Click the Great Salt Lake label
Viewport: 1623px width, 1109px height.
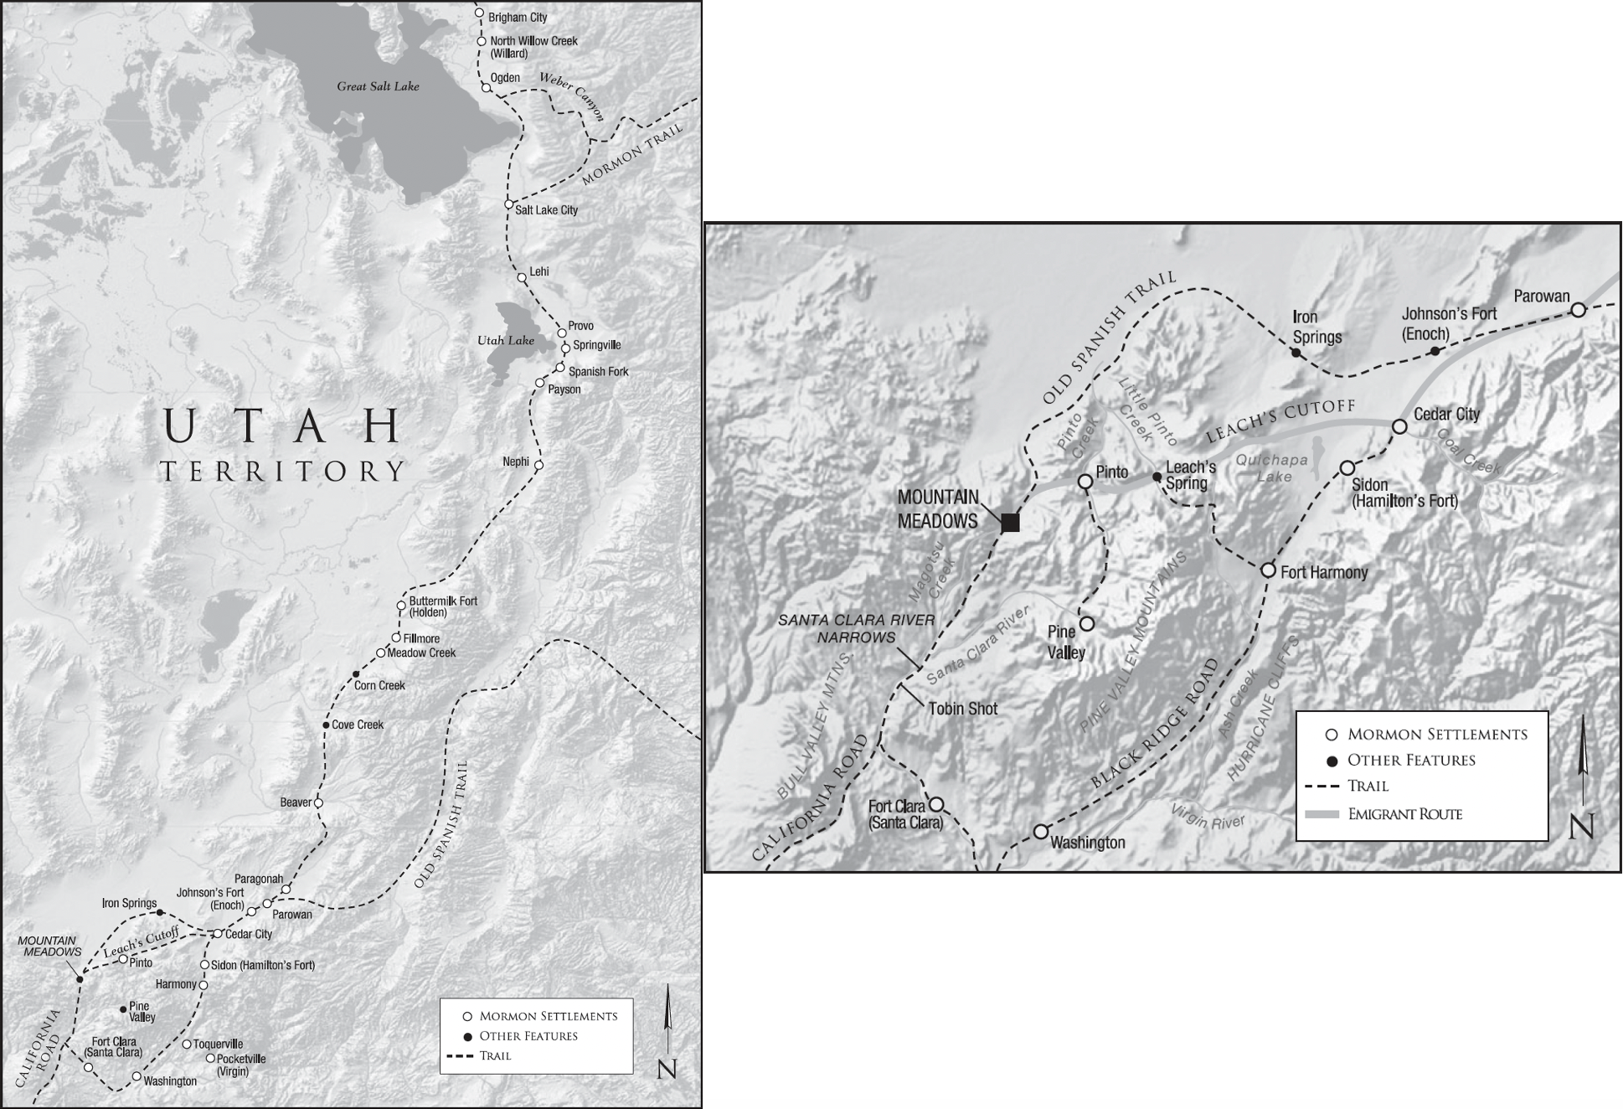click(x=378, y=86)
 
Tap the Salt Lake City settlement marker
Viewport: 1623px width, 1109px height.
click(x=508, y=204)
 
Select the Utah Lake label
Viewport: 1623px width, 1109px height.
click(x=505, y=341)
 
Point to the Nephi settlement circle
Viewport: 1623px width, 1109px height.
click(x=538, y=464)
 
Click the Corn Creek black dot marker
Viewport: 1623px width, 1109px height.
click(x=356, y=674)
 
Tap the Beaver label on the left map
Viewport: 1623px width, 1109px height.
click(x=296, y=802)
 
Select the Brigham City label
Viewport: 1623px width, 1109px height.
click(x=518, y=18)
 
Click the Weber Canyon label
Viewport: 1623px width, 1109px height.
click(x=571, y=96)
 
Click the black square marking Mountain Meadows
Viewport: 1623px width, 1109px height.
click(x=1011, y=523)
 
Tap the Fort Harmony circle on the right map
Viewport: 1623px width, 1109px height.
click(x=1268, y=570)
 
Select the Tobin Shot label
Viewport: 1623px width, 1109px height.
click(x=963, y=709)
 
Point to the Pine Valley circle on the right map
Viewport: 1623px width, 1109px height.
click(x=1086, y=623)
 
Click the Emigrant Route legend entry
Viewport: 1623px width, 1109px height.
click(x=1404, y=814)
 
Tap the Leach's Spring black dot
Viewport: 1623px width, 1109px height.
click(x=1157, y=477)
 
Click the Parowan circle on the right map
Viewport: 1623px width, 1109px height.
click(x=1578, y=310)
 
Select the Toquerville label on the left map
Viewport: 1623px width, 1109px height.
click(x=218, y=1044)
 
